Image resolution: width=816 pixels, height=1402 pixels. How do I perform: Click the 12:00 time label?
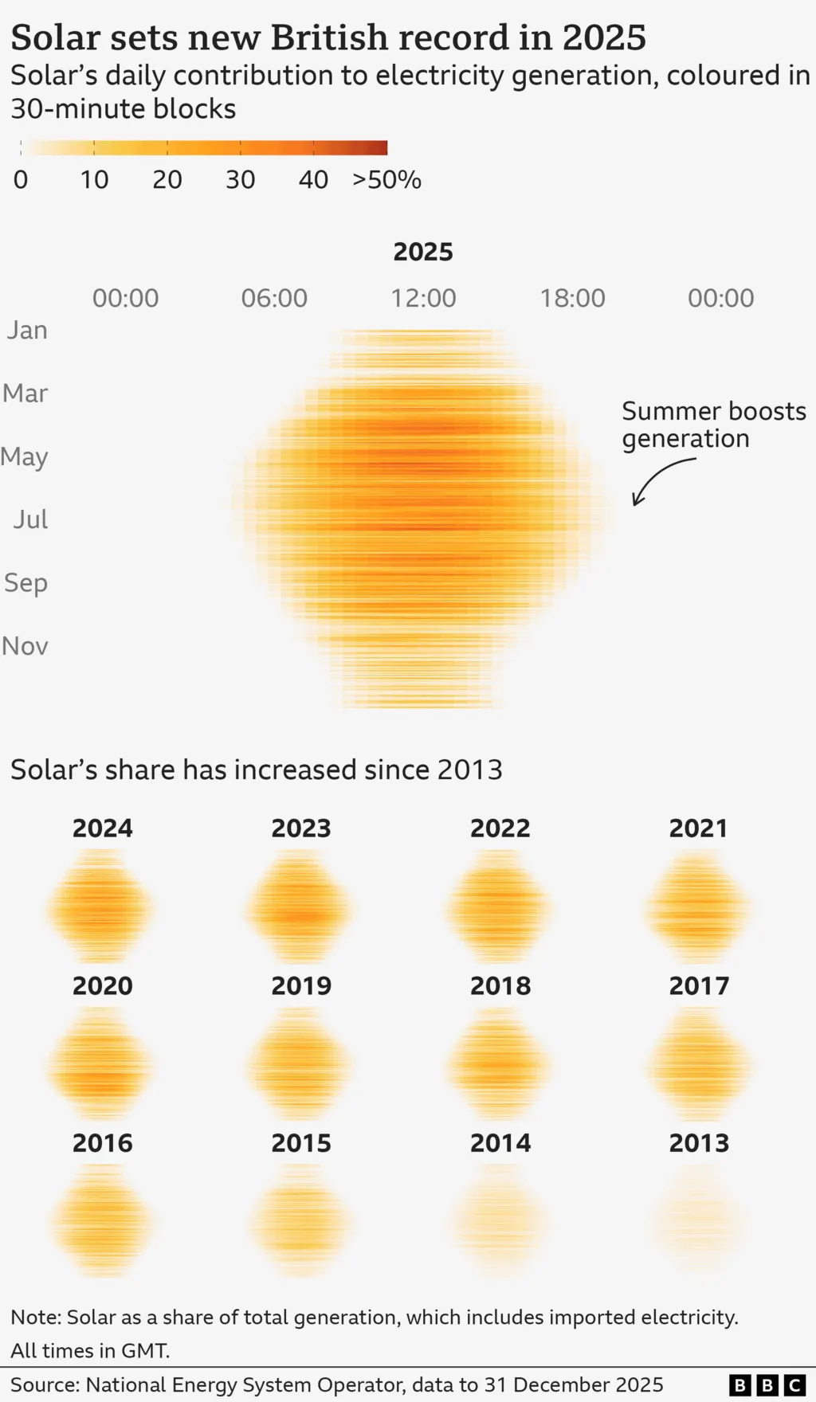tap(423, 298)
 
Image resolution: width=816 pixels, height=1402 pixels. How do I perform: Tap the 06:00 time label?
tap(274, 298)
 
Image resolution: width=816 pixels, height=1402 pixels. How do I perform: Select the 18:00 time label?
tap(572, 298)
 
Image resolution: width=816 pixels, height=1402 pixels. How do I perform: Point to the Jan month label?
tap(27, 330)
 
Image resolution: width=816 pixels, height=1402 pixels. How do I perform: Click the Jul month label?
tap(30, 519)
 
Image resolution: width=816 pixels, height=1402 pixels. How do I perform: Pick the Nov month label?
tap(25, 646)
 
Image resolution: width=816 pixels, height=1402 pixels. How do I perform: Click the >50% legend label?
tap(386, 180)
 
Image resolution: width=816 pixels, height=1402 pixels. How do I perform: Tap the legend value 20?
tap(167, 180)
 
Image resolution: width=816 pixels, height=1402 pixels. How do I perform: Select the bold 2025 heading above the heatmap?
tap(423, 252)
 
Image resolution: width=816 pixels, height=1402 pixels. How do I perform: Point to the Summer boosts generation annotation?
tap(713, 425)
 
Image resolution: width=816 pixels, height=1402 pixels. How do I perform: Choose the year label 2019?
tap(301, 986)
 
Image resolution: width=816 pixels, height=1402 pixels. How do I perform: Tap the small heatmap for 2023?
tap(300, 907)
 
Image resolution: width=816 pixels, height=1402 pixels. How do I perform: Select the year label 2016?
tap(103, 1144)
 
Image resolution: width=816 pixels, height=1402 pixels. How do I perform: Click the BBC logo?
tap(767, 1385)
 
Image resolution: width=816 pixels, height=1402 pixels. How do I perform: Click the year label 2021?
tap(699, 828)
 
